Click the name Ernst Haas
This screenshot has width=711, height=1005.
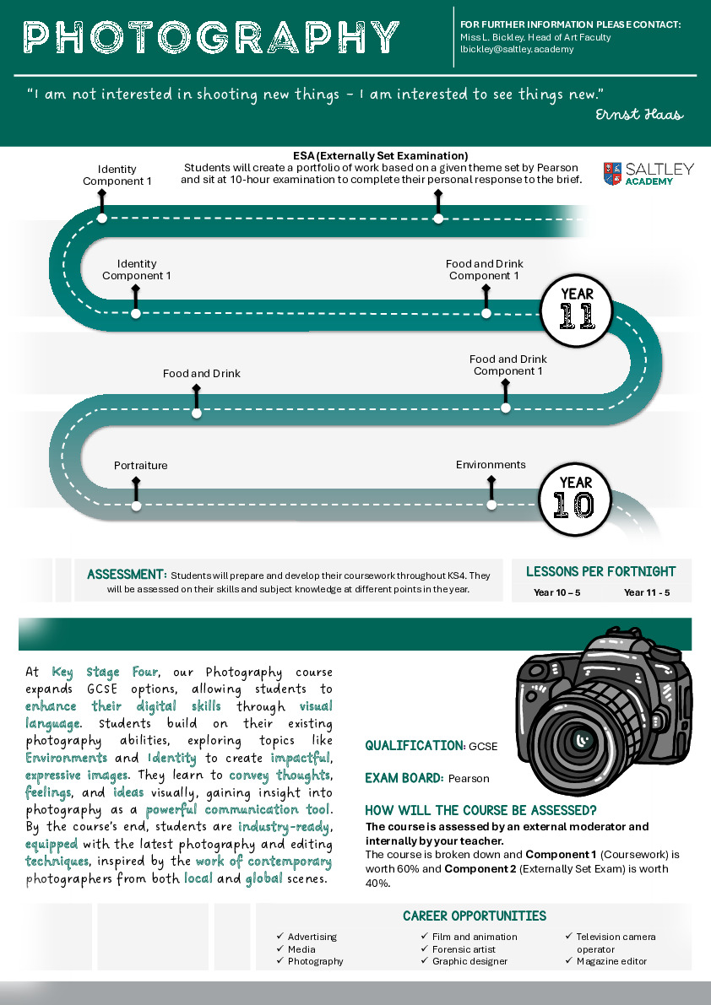coord(638,115)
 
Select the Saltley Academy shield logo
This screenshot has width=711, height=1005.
coord(612,173)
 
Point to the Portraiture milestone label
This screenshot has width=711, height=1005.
coord(141,466)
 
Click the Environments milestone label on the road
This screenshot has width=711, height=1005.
coord(491,465)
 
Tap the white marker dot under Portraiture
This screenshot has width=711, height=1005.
coord(137,506)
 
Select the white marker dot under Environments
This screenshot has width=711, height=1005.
coord(492,506)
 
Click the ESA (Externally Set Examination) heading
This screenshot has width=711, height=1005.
coord(380,156)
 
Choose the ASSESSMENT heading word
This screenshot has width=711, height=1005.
coord(127,575)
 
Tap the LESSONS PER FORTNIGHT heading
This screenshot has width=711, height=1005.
coord(601,572)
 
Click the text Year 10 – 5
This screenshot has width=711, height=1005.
coord(556,592)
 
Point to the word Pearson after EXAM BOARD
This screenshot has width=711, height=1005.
coord(469,778)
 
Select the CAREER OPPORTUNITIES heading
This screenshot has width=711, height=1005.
coord(475,916)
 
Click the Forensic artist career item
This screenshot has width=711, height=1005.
coord(464,949)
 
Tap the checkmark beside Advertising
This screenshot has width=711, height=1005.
coord(280,937)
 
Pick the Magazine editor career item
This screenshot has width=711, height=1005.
coord(611,961)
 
